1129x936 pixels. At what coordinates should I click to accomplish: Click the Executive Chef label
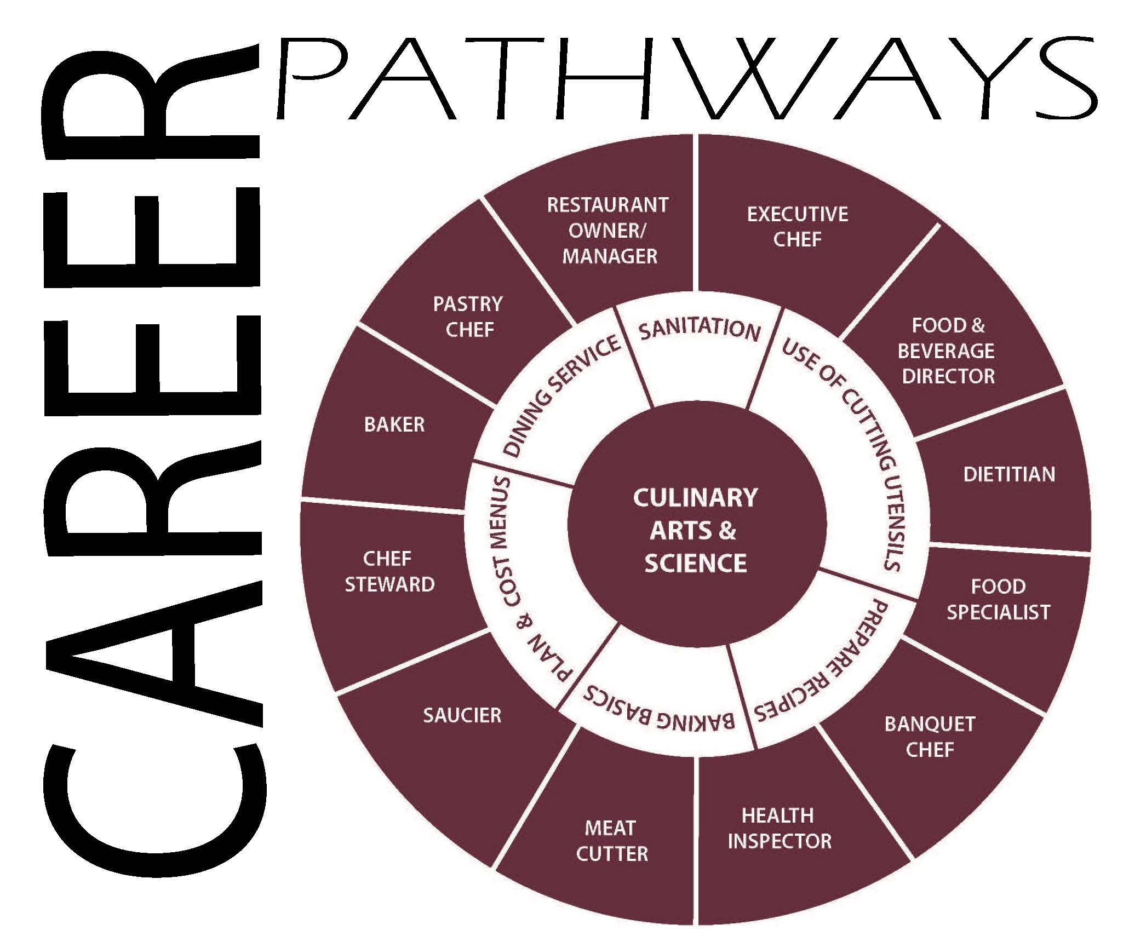point(798,226)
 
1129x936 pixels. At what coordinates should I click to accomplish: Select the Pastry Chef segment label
point(468,317)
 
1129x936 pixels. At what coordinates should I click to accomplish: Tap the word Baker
point(394,424)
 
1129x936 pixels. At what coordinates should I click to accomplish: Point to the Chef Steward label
point(389,571)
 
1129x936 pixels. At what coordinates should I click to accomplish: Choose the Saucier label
point(462,715)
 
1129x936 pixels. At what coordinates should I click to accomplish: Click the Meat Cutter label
point(611,841)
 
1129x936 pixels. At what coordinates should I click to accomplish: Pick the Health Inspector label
point(779,828)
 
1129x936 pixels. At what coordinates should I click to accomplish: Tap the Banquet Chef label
point(930,737)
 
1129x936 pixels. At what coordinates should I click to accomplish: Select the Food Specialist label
point(998,599)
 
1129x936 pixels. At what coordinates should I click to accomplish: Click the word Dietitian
point(1009,474)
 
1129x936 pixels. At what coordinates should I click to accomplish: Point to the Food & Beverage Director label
point(948,351)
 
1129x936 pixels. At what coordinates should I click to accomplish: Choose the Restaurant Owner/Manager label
point(608,231)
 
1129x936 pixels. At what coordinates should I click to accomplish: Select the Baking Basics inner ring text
point(657,709)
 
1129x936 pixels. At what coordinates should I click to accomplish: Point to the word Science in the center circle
point(695,564)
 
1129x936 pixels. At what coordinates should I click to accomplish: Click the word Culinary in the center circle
point(695,498)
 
